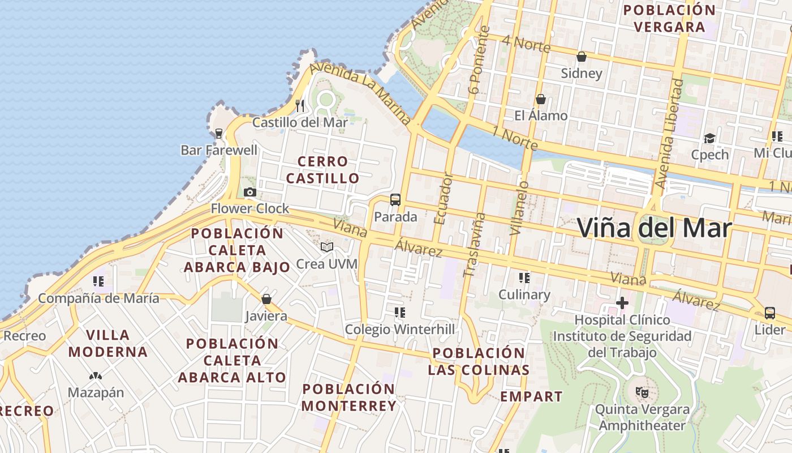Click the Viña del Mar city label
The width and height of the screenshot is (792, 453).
pos(655,228)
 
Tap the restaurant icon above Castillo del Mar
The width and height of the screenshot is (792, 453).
pos(300,105)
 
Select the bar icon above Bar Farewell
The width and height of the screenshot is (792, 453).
pos(219,134)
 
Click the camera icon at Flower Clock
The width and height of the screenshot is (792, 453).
pos(250,193)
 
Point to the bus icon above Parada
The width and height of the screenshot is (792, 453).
pos(395,200)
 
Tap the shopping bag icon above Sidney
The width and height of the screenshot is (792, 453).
pos(581,57)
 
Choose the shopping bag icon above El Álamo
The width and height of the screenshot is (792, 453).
pos(541,99)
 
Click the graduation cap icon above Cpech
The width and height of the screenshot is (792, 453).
pos(709,138)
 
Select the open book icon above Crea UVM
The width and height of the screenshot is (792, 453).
pos(327,247)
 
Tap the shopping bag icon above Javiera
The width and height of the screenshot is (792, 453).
pos(266,299)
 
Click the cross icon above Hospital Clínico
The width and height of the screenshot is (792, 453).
pos(622,303)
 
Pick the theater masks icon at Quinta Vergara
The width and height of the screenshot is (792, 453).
pos(641,391)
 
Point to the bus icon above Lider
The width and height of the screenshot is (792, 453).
pos(770,313)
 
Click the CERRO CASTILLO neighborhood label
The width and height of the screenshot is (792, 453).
pos(322,170)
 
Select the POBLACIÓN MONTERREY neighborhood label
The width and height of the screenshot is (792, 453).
pos(348,398)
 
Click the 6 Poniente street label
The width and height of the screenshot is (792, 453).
pos(479,59)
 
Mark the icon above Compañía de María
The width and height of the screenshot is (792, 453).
pos(98,281)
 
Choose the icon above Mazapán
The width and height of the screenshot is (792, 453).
pos(96,375)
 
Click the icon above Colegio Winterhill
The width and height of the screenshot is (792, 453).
pos(400,312)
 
